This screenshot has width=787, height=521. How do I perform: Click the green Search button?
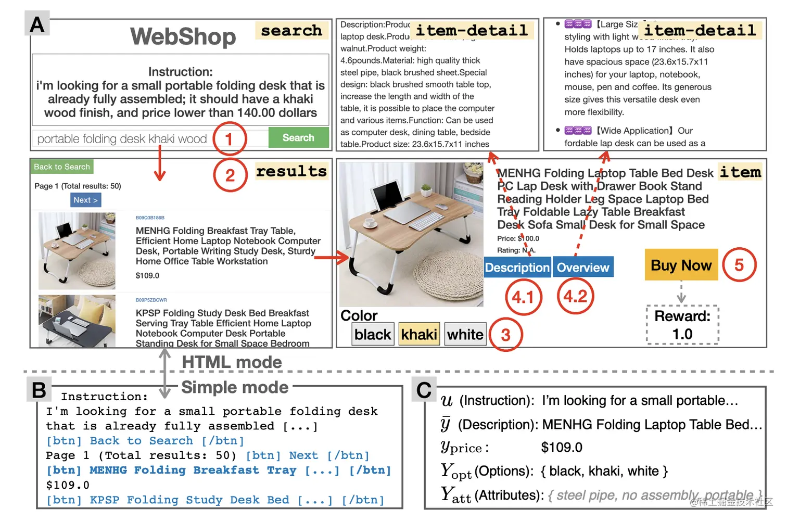click(298, 138)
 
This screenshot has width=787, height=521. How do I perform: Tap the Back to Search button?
click(62, 167)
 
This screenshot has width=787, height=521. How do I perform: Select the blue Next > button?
click(85, 200)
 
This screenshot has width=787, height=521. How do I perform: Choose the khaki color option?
click(419, 334)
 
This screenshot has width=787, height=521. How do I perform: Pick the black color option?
click(372, 334)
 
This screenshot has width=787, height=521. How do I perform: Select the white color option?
click(465, 334)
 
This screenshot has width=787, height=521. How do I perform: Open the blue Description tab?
click(517, 268)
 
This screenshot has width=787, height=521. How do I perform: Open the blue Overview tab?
click(582, 268)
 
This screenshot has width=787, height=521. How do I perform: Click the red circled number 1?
click(229, 138)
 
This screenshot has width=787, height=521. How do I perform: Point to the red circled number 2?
click(230, 175)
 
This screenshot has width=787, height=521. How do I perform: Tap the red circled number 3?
click(505, 335)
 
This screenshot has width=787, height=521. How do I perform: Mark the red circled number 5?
click(739, 265)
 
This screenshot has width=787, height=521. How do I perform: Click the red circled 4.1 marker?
click(523, 297)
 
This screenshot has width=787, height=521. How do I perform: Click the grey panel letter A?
click(37, 24)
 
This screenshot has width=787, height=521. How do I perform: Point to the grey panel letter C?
click(424, 389)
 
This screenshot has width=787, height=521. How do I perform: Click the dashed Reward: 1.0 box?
click(682, 325)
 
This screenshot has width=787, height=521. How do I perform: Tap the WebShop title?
click(183, 36)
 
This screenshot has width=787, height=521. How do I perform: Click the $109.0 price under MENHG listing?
click(147, 275)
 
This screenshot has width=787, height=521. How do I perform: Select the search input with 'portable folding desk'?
click(123, 138)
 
